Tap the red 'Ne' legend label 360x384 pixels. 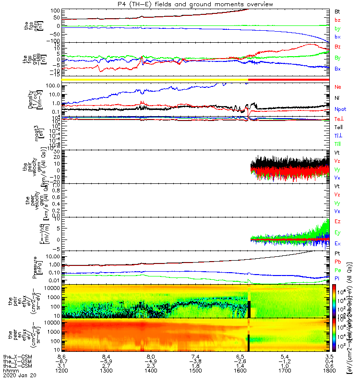[337, 87]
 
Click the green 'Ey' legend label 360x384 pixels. [337, 232]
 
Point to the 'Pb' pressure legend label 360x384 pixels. [337, 262]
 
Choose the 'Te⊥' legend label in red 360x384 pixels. [338, 118]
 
